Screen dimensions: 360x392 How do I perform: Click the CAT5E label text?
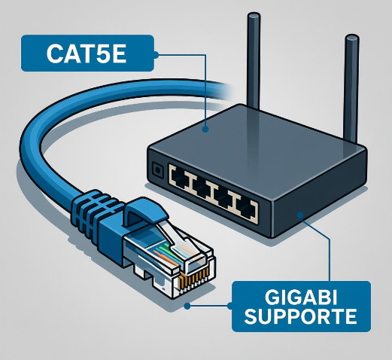(x=85, y=54)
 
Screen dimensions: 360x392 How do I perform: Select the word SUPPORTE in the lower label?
(x=302, y=316)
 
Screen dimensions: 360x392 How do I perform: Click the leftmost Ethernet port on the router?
(x=182, y=177)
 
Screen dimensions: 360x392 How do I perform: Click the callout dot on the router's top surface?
(x=206, y=129)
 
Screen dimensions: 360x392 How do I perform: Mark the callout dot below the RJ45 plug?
(x=188, y=306)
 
